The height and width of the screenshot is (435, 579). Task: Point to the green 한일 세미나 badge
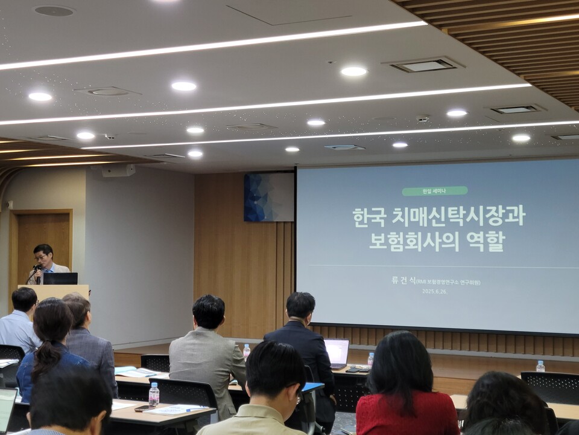coord(434,191)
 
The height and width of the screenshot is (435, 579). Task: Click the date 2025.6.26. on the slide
coord(435,291)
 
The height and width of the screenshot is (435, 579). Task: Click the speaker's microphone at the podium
coord(37,268)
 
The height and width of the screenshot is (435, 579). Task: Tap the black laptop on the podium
coord(60,279)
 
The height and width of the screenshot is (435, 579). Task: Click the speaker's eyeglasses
coord(42,257)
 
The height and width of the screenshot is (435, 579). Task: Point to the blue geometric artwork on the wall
coord(268,198)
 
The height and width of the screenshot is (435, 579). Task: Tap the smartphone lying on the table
coord(145,408)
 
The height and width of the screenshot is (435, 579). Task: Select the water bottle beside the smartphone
coord(154,395)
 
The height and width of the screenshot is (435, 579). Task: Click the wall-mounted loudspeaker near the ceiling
coord(118,171)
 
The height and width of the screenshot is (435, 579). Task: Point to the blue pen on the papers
coord(196,410)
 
